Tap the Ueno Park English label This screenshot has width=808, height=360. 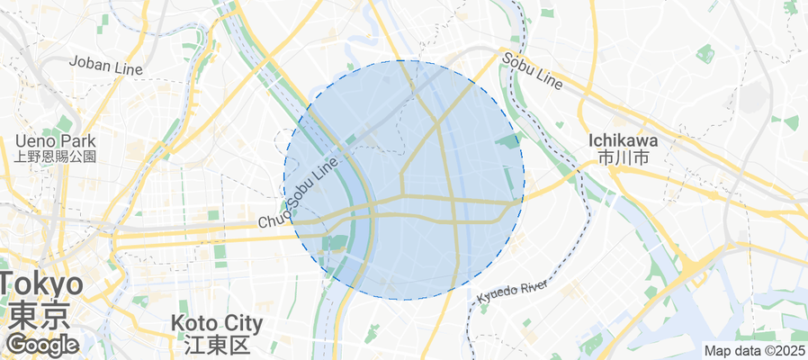click(55, 141)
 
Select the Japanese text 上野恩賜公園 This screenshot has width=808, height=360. click(55, 156)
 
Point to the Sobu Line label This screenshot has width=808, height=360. click(533, 71)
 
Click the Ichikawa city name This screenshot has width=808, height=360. click(623, 141)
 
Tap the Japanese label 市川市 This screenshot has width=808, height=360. click(623, 157)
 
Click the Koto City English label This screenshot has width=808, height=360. click(216, 323)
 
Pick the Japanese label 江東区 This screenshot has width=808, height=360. click(216, 344)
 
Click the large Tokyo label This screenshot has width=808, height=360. click(42, 285)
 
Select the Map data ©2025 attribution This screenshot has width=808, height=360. click(754, 351)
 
